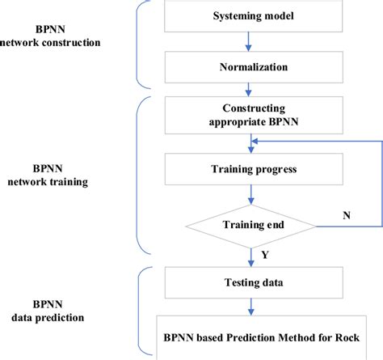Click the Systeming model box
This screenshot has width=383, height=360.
tap(249, 16)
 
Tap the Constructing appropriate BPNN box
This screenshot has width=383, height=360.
tap(249, 115)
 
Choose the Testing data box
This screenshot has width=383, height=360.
tap(249, 284)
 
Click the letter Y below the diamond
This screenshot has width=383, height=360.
tap(266, 255)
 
